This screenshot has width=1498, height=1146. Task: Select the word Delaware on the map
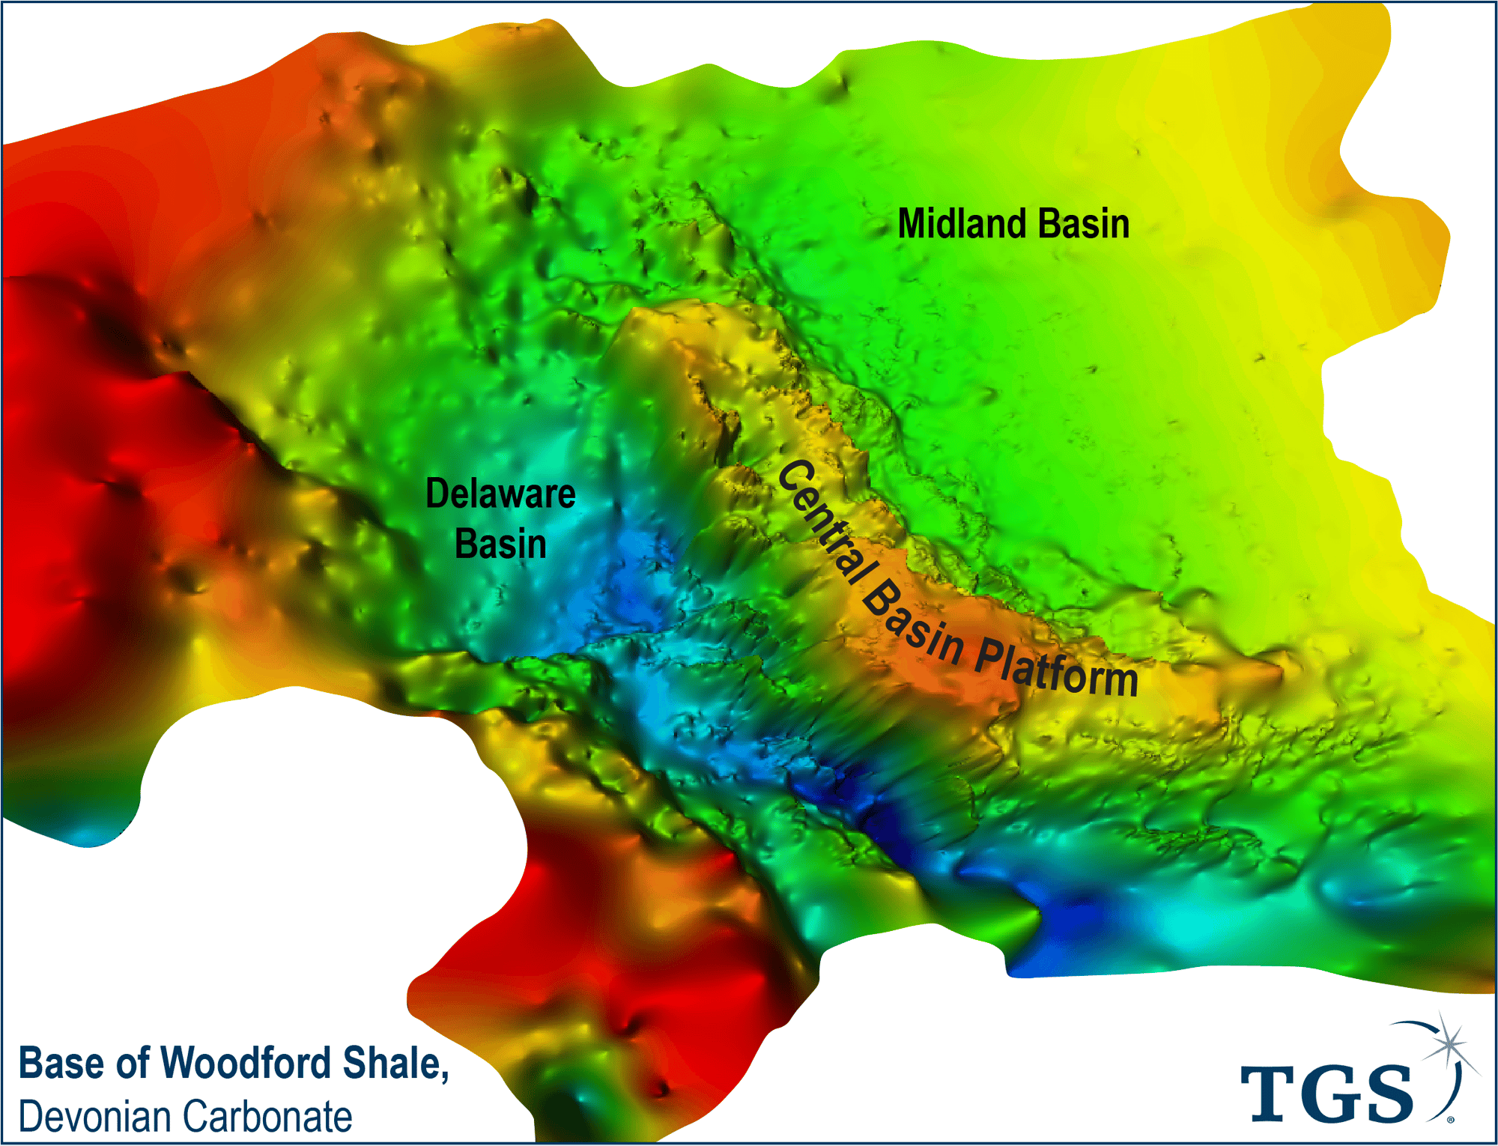(x=500, y=494)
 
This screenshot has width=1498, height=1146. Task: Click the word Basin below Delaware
(x=500, y=543)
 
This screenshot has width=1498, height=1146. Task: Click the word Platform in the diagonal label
(x=1056, y=667)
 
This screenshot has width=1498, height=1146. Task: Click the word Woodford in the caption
(x=245, y=1063)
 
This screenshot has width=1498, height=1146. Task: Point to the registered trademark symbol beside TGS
(x=1451, y=1120)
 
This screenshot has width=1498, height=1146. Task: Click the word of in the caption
(x=132, y=1063)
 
